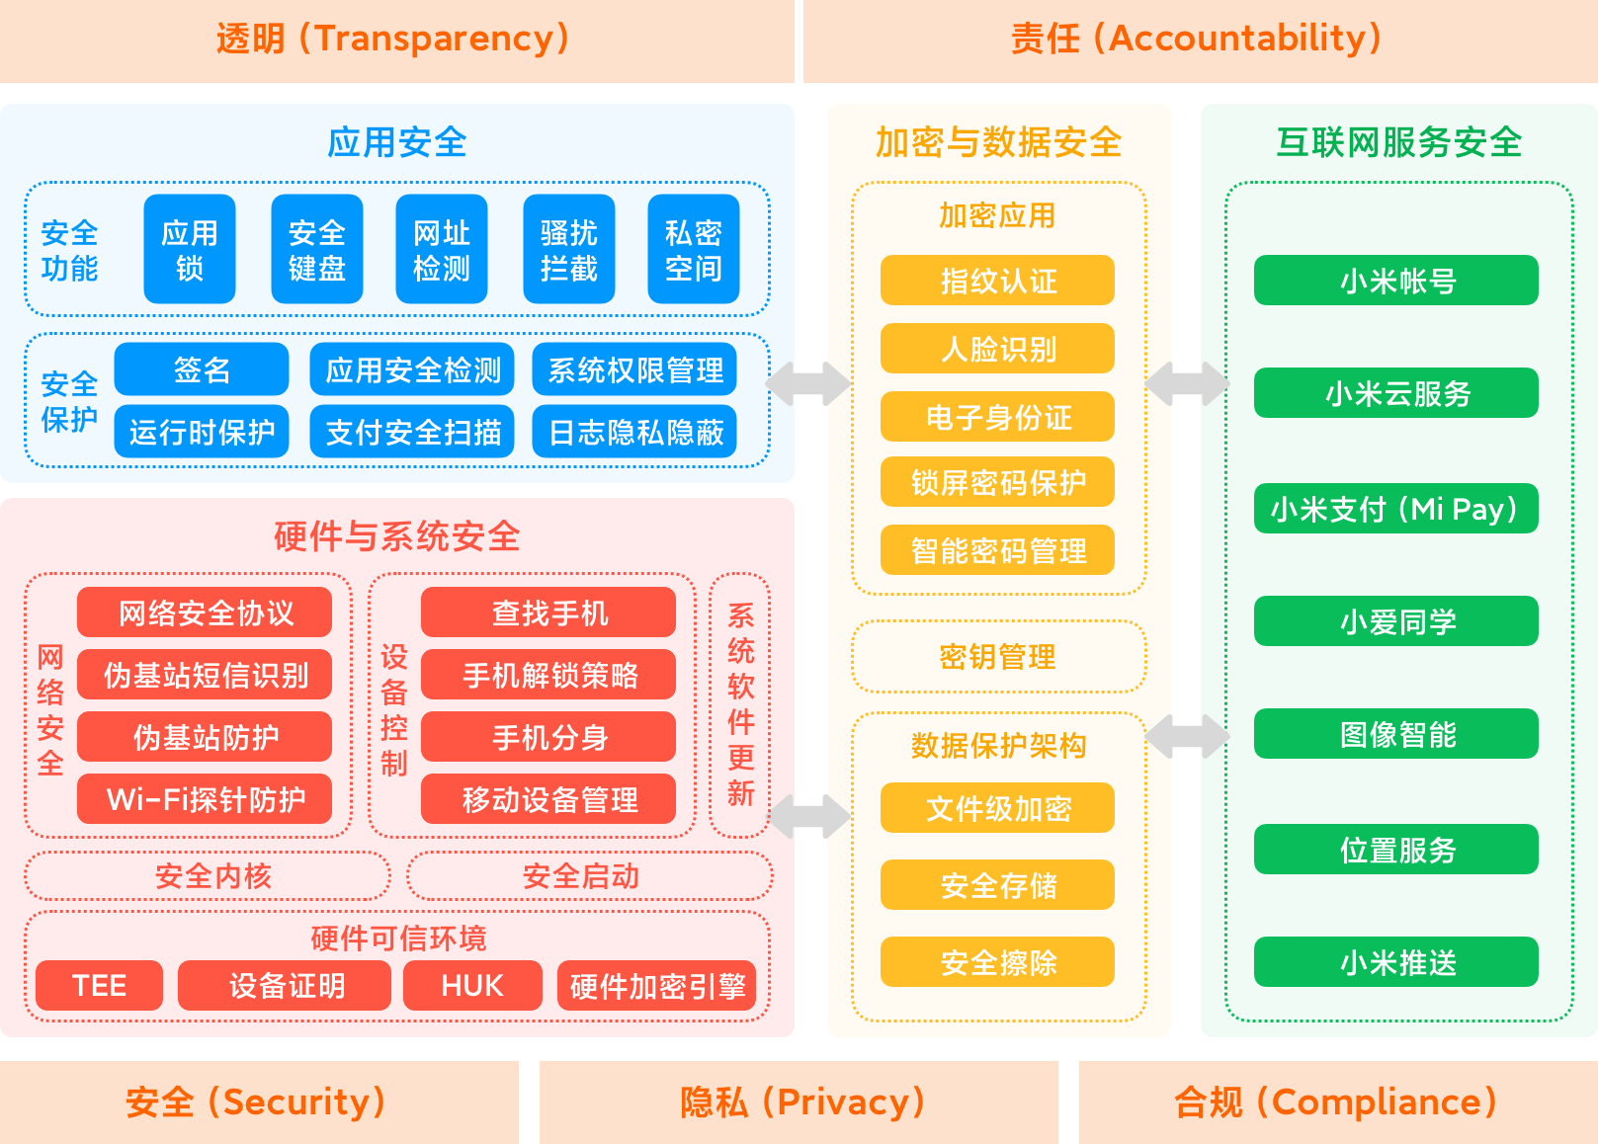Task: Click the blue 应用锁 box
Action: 189,249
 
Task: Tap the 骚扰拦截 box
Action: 568,249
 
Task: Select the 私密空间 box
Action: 694,249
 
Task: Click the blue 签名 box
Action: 202,369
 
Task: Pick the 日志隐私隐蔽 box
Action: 634,432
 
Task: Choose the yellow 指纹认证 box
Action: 997,281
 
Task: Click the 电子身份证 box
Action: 997,417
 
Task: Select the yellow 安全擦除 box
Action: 997,961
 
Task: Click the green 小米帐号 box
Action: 1396,281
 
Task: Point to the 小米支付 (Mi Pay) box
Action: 1396,509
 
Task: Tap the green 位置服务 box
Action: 1396,850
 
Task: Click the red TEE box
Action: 99,985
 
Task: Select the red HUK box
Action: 472,985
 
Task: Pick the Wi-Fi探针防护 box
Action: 204,799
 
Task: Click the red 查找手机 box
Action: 547,612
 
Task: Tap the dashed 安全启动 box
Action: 590,876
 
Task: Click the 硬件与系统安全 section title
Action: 397,536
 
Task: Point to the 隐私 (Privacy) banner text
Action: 801,1102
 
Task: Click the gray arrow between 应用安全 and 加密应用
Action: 807,383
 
